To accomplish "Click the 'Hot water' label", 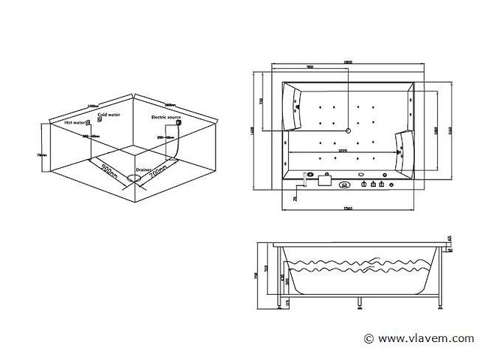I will [x=74, y=121].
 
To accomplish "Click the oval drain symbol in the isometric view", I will [x=135, y=178].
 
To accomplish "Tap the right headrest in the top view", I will [x=403, y=147].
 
